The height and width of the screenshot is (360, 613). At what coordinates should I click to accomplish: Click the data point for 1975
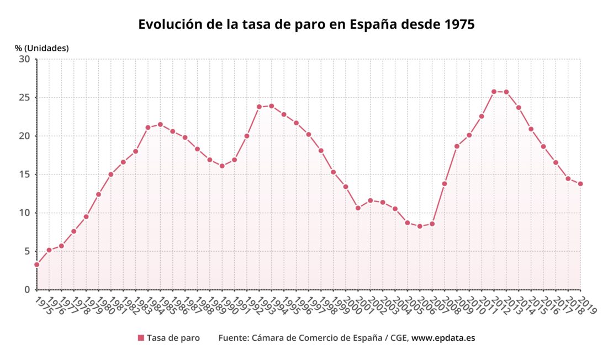point(36,264)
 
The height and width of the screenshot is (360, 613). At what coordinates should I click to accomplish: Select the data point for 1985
point(160,124)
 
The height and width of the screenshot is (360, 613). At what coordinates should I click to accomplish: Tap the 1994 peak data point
point(271,106)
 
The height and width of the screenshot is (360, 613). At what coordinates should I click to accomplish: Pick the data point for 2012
point(494,92)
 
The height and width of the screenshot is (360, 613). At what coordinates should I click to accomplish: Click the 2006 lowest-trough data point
point(420,226)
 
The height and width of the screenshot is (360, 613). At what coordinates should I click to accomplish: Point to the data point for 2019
point(580,184)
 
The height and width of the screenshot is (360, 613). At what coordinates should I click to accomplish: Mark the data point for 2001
point(358,208)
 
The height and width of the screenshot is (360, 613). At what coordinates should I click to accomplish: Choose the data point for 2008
point(445,184)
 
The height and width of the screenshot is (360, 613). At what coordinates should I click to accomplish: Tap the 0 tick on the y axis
point(27,290)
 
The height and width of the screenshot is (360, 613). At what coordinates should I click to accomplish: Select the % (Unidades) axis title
point(42,48)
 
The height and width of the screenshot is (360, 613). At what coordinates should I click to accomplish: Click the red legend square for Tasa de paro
point(141,338)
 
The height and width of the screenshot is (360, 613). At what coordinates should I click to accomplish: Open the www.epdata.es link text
point(443,338)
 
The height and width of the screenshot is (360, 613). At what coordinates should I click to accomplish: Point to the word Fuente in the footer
point(233,338)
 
